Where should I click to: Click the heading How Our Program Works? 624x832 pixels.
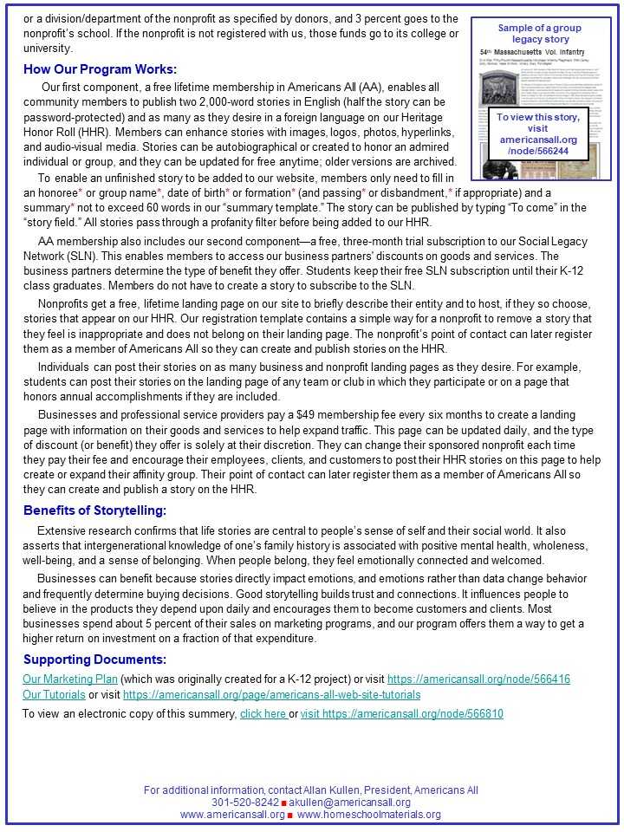pos(100,69)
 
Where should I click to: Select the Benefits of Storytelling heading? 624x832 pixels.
pos(94,510)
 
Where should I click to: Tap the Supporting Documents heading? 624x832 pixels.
pos(94,660)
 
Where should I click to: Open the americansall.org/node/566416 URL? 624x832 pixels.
pos(478,679)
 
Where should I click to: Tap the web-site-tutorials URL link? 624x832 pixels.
pos(271,694)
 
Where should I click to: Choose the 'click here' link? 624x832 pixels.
pos(263,713)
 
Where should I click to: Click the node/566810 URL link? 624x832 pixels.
pos(401,713)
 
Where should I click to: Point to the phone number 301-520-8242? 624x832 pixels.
pos(245,803)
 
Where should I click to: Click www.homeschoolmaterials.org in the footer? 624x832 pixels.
pos(369,815)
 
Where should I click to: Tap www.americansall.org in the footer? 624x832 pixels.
pos(231,815)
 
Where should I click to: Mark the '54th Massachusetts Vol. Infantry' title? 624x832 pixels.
pos(530,53)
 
